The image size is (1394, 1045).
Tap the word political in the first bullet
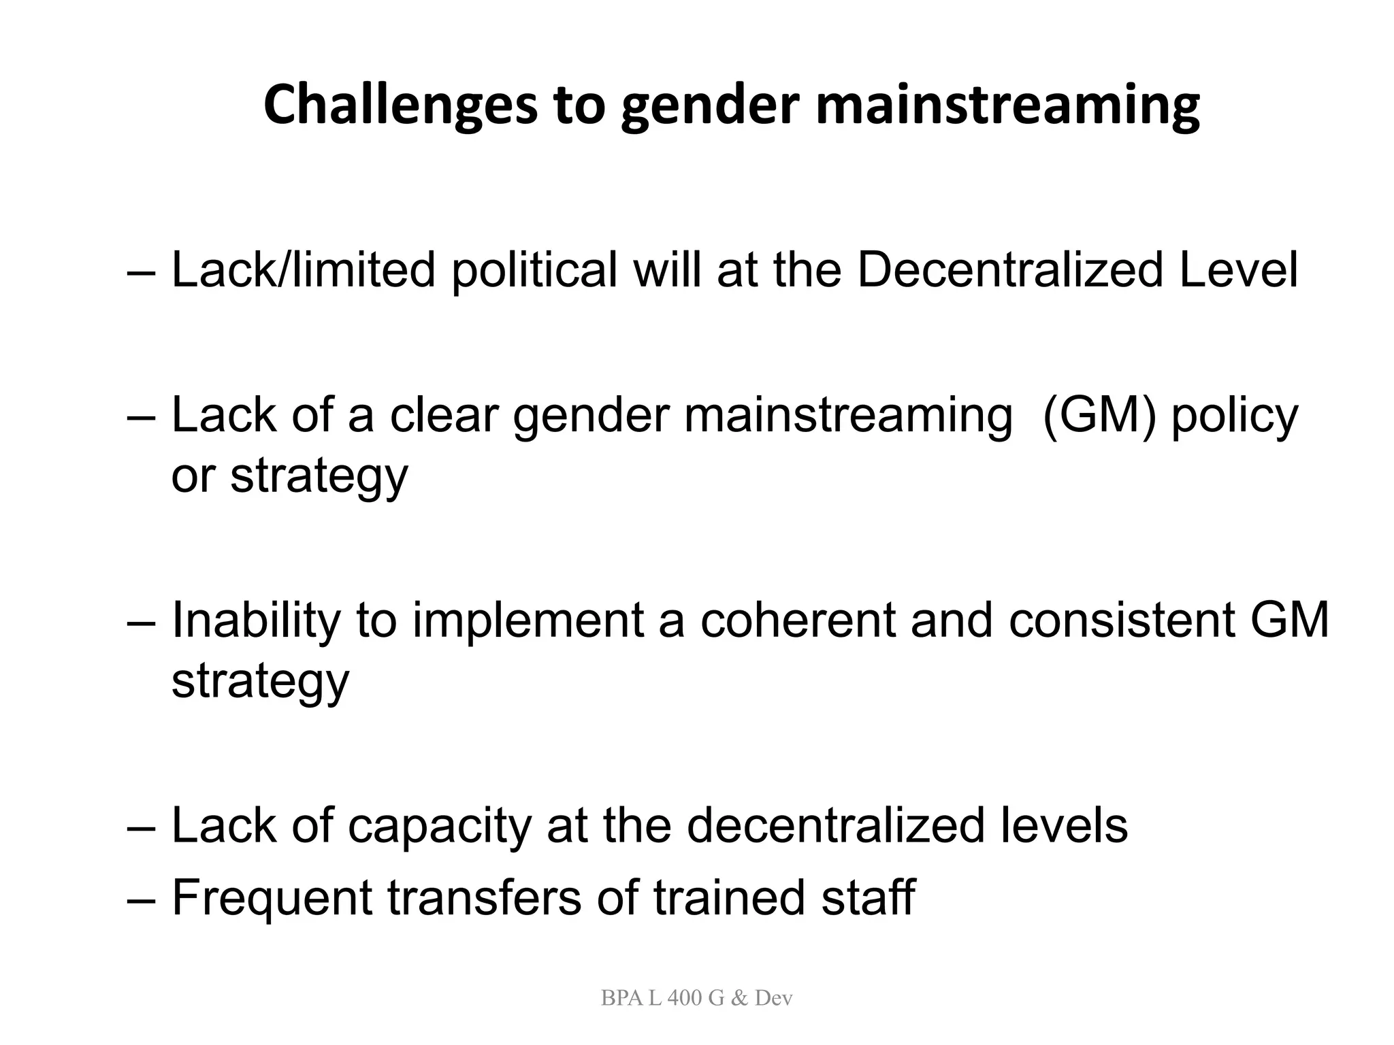click(x=534, y=271)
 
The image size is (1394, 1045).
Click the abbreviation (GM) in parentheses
click(x=1099, y=416)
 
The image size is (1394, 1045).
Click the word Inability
click(x=256, y=622)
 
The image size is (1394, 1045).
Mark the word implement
click(x=528, y=622)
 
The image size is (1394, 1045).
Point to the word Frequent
click(x=272, y=898)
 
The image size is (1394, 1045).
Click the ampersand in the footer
click(x=740, y=998)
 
